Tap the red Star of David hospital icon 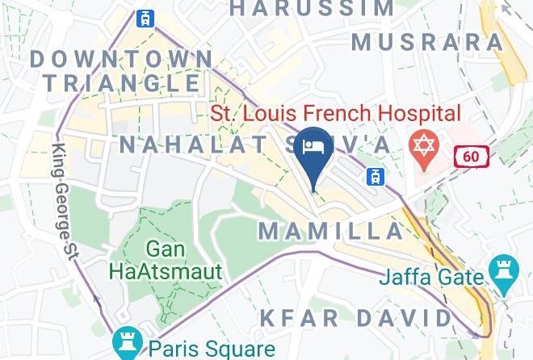(x=424, y=146)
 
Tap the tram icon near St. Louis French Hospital (x=374, y=176)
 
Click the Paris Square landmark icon (x=128, y=343)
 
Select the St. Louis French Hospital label (x=336, y=114)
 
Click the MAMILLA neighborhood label (x=331, y=231)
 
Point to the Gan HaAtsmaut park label (x=183, y=260)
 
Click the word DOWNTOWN (x=121, y=59)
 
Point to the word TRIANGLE (x=121, y=82)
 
